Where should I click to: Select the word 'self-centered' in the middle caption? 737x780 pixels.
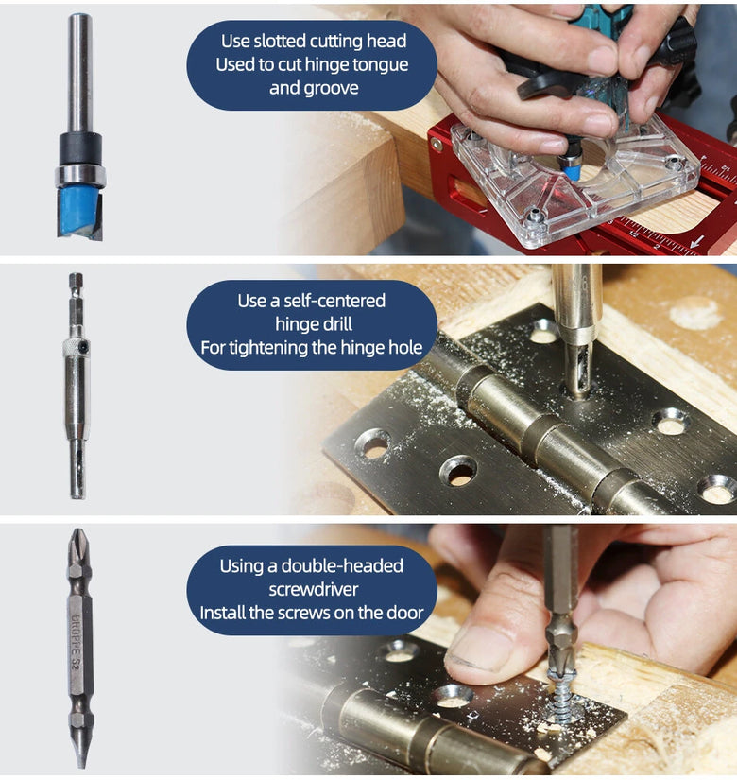coord(334,301)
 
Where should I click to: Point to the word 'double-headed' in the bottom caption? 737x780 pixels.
coord(342,566)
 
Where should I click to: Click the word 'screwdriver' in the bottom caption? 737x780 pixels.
coord(314,589)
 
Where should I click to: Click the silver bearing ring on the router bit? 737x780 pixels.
coord(80,176)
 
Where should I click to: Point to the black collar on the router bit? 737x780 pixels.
coord(80,148)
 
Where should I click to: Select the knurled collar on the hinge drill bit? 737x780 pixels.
coord(77,347)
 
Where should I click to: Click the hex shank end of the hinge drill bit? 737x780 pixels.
coord(76,280)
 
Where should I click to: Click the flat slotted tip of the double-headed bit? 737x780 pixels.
coord(80,754)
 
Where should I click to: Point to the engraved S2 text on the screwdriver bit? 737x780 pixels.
coord(76,664)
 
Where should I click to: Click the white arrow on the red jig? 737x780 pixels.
coord(697,242)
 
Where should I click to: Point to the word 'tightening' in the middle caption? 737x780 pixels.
coord(268,348)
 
